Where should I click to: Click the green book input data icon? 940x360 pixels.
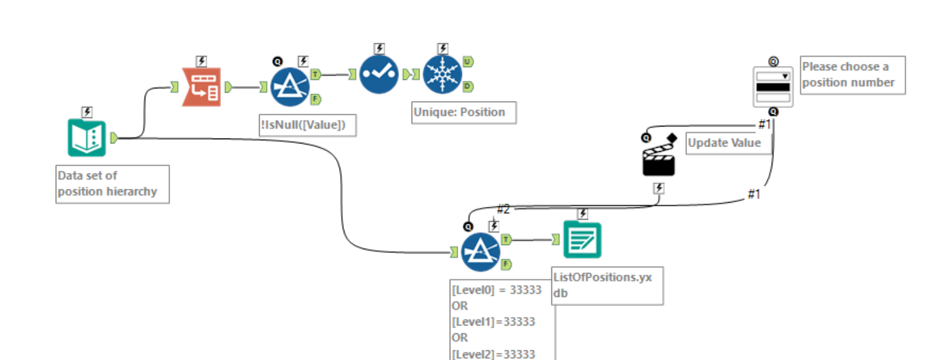[86, 138]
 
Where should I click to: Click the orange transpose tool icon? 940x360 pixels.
[201, 87]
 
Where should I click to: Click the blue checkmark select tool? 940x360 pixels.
[379, 74]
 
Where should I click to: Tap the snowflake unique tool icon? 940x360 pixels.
[442, 74]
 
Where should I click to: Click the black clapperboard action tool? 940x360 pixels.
[658, 160]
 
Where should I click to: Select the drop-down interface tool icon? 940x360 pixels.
[773, 87]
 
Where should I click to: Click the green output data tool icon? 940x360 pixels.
[582, 240]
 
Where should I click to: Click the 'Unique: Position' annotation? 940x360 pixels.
[464, 113]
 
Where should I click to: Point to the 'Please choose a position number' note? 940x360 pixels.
[852, 75]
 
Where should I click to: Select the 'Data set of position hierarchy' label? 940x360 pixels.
[112, 184]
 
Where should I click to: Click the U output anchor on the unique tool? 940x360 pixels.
[467, 61]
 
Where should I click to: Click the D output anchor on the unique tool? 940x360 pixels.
[467, 87]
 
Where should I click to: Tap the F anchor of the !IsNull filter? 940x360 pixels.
[316, 99]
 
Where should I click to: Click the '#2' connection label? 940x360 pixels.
[504, 209]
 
